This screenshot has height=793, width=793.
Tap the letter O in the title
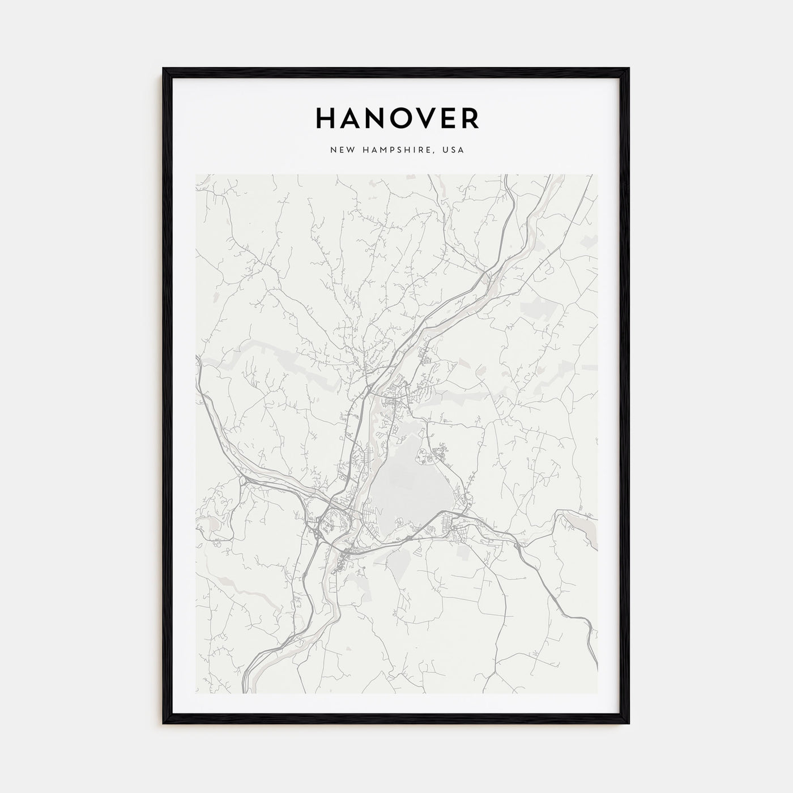point(395,118)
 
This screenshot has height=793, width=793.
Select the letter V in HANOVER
point(421,118)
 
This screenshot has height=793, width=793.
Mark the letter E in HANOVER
point(446,118)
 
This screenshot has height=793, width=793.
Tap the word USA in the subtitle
point(454,150)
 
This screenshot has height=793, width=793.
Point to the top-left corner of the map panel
point(196,174)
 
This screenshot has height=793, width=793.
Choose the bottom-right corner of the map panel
point(597,693)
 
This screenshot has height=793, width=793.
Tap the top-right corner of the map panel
point(597,174)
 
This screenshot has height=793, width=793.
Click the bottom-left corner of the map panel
point(196,693)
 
